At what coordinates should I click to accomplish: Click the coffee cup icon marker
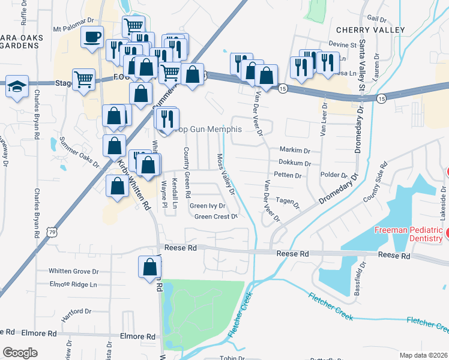click(x=92, y=37)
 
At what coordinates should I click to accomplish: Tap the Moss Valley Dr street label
click(x=224, y=174)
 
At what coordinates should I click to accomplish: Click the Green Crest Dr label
click(x=216, y=217)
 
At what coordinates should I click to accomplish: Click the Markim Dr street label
click(x=294, y=150)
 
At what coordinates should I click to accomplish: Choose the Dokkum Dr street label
click(x=294, y=163)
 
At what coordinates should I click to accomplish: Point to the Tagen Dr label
click(x=288, y=202)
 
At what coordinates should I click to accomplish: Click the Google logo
click(x=20, y=353)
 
